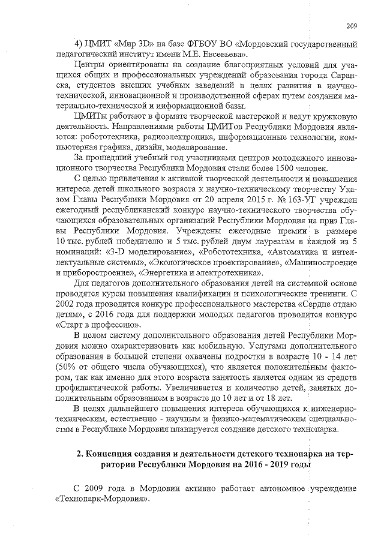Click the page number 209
point(352,25)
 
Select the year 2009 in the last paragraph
point(98,490)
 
